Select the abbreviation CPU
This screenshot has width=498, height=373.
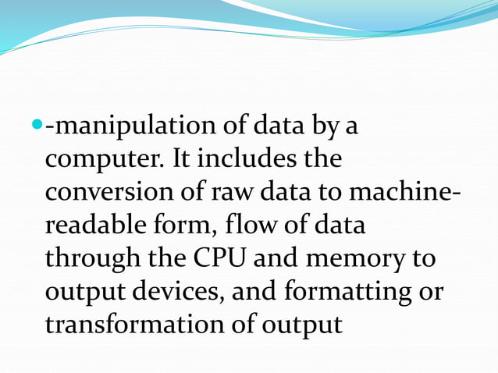click(x=230, y=258)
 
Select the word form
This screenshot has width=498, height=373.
click(x=185, y=226)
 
